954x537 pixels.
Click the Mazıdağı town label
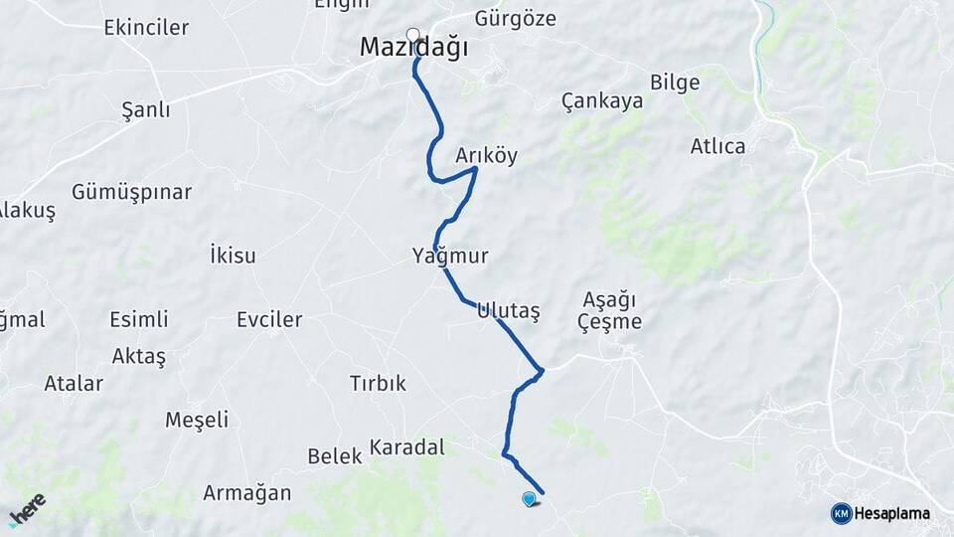(x=412, y=48)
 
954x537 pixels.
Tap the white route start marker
(x=412, y=35)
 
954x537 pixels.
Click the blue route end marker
(x=529, y=499)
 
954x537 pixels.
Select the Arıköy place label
(x=487, y=156)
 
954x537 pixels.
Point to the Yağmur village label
(x=450, y=257)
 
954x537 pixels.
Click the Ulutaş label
(x=508, y=310)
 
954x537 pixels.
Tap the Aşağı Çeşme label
(x=610, y=310)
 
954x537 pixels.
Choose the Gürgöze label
(x=515, y=18)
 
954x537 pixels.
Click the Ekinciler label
(x=146, y=27)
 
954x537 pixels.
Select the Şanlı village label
(x=145, y=109)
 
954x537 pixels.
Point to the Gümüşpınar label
(x=131, y=192)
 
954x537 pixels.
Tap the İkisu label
(x=233, y=256)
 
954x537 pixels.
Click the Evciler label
(x=269, y=320)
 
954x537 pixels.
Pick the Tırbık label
(x=378, y=383)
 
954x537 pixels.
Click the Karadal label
(x=406, y=447)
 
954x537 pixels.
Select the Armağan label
(x=246, y=492)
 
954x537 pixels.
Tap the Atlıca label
(x=717, y=146)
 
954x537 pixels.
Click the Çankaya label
(x=597, y=100)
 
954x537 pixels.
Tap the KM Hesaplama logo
(x=880, y=513)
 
